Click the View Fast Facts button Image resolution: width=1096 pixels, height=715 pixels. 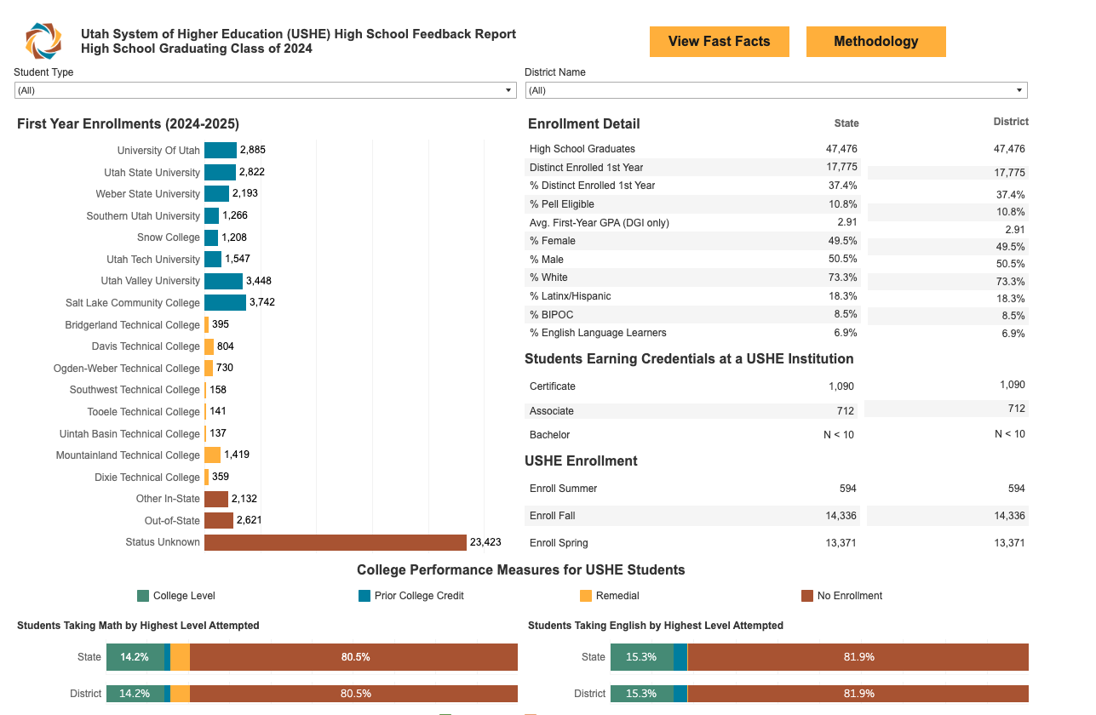(x=719, y=42)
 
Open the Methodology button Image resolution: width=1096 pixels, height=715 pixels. (x=875, y=42)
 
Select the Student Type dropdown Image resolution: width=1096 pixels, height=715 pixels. (x=266, y=90)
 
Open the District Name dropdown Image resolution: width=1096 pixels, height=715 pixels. (x=776, y=90)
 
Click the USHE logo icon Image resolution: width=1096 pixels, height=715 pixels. (x=43, y=41)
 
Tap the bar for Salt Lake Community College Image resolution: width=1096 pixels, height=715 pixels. (x=225, y=303)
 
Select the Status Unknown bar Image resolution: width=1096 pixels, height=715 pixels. (x=336, y=542)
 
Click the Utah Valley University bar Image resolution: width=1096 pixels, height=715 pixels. (x=223, y=281)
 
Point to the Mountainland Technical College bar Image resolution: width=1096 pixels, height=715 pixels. (x=212, y=455)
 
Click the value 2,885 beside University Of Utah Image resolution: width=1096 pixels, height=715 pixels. (x=253, y=151)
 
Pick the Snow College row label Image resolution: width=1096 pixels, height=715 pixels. (x=168, y=237)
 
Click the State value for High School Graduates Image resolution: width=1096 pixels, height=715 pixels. (x=841, y=149)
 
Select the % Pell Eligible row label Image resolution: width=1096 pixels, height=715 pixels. (x=561, y=204)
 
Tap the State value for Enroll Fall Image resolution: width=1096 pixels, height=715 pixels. (x=840, y=516)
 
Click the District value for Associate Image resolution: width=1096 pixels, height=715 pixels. (x=1015, y=409)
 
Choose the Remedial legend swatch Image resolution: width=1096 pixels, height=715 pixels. (x=586, y=596)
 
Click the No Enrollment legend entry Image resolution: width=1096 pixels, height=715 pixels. (x=849, y=596)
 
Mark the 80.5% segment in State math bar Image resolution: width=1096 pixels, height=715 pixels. (x=354, y=657)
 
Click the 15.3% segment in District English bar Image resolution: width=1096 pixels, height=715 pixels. (x=641, y=694)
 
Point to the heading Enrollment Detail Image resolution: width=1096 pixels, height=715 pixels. (x=584, y=124)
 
